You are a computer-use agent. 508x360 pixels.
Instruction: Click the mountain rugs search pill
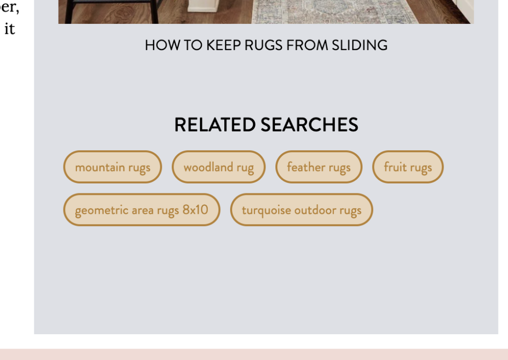(113, 167)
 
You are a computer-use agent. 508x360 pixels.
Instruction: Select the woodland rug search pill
(219, 167)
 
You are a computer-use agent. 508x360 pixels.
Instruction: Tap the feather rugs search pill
(319, 167)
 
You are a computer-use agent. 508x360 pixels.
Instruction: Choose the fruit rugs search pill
(408, 167)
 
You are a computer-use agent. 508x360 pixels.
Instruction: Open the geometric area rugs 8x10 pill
(141, 210)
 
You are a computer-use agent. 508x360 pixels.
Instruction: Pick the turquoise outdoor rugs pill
(302, 210)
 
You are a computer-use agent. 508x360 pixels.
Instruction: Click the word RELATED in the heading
(215, 124)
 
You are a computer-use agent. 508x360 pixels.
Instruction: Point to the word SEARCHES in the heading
(310, 124)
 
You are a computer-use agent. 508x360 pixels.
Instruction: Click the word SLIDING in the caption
(360, 45)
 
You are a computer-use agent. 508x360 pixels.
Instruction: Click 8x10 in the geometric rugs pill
(195, 210)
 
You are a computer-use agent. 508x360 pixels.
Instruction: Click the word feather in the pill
(306, 167)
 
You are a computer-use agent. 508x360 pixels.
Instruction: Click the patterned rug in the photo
(334, 12)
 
